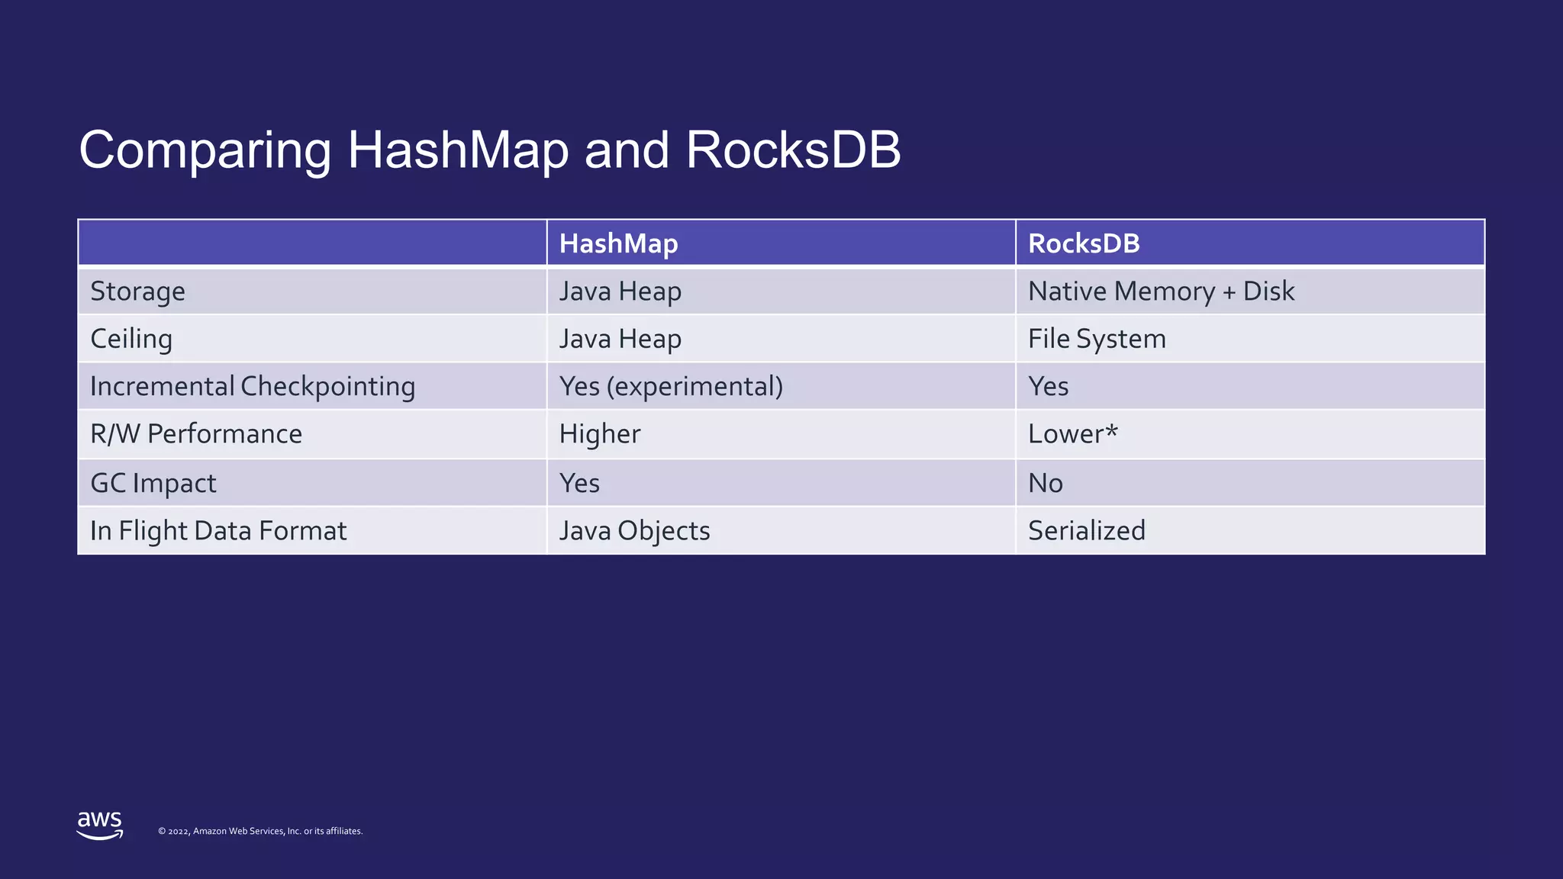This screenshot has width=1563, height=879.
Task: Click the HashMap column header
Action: click(618, 243)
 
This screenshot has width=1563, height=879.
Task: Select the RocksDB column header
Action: click(1084, 243)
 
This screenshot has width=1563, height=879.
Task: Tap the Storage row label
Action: click(137, 291)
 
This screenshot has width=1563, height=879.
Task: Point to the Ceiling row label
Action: click(131, 339)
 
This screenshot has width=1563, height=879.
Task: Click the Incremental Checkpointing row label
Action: click(253, 386)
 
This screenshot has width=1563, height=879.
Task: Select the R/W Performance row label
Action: click(196, 433)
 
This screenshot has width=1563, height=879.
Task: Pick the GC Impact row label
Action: click(153, 483)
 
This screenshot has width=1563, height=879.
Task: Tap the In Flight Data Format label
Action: click(218, 530)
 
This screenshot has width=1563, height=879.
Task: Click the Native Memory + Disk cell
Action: click(1161, 291)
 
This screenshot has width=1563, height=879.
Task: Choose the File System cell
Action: click(1097, 339)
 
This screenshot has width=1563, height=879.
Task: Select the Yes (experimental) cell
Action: click(671, 386)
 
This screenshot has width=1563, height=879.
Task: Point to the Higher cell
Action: click(600, 433)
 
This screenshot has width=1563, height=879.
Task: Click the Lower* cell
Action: click(1072, 433)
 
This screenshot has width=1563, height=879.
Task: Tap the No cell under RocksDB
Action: click(1046, 483)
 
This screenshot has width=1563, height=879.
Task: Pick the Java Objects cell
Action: click(634, 530)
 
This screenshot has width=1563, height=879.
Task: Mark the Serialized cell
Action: click(1087, 530)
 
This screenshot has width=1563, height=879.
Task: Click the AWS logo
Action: click(100, 825)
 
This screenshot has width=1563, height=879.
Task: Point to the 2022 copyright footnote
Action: click(260, 831)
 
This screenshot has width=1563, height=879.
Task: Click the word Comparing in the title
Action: click(205, 150)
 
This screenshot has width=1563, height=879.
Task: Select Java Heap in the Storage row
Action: click(620, 291)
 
